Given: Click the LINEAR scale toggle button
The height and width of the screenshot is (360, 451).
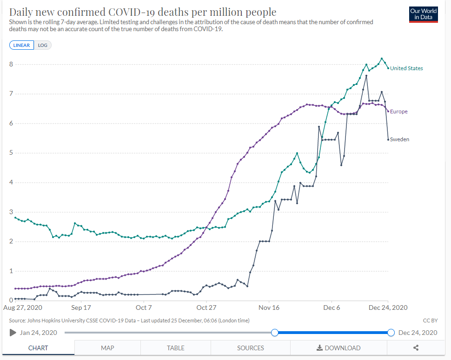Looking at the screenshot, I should click(x=21, y=45).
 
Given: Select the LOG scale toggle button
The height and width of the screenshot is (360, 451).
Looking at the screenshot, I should click(x=43, y=45).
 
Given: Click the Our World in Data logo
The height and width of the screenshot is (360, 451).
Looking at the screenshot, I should click(x=423, y=14).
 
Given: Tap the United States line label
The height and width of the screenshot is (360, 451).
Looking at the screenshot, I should click(x=406, y=68).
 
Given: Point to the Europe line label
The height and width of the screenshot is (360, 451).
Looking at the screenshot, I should click(x=399, y=111).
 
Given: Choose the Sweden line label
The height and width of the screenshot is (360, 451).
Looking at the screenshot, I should click(x=399, y=139).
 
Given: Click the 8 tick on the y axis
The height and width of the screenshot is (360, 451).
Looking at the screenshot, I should click(x=11, y=64).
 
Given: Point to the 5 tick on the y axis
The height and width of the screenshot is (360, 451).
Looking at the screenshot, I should click(x=11, y=153).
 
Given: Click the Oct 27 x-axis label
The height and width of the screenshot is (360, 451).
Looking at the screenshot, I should click(x=206, y=308).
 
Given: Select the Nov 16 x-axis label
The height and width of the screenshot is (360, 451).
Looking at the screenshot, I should click(x=269, y=308).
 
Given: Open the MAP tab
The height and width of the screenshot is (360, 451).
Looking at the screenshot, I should click(x=107, y=348).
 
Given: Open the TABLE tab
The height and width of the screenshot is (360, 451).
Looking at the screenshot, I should click(x=176, y=348).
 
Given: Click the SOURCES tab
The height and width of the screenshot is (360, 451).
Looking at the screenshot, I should click(x=251, y=348).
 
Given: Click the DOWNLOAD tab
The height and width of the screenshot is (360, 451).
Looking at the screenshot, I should click(x=338, y=348).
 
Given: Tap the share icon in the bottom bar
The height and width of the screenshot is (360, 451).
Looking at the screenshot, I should click(x=416, y=348).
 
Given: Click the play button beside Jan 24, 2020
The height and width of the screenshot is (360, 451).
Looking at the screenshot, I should click(x=13, y=333).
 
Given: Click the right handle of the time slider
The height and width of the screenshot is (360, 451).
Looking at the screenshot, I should click(x=391, y=333).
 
